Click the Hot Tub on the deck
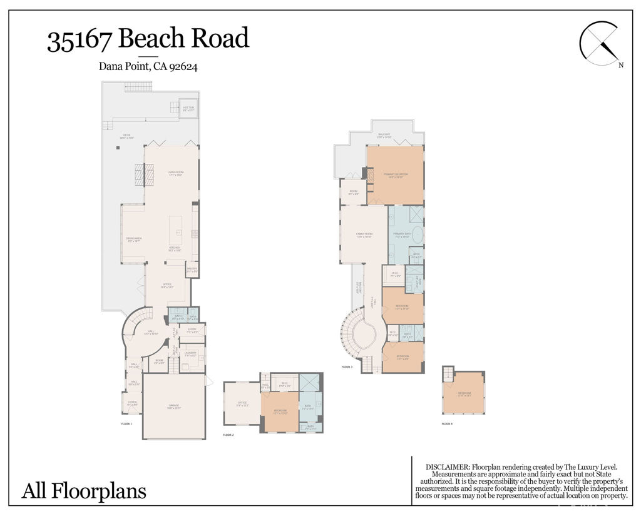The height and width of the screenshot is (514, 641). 188,109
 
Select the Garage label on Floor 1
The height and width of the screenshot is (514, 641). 174,406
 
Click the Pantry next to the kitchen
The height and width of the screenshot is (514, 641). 192,270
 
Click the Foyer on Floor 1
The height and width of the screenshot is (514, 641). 132,403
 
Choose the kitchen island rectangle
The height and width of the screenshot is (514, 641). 175,229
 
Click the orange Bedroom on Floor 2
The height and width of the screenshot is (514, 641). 279,411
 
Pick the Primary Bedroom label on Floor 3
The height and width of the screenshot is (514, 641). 396,175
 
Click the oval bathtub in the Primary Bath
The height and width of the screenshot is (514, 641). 418,238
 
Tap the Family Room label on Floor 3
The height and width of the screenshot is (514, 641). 364,236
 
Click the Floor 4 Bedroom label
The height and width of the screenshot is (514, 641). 464,394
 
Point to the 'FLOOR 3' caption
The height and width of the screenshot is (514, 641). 347,367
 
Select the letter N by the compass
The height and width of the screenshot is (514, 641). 620,65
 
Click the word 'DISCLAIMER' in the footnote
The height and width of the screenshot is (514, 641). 447,467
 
